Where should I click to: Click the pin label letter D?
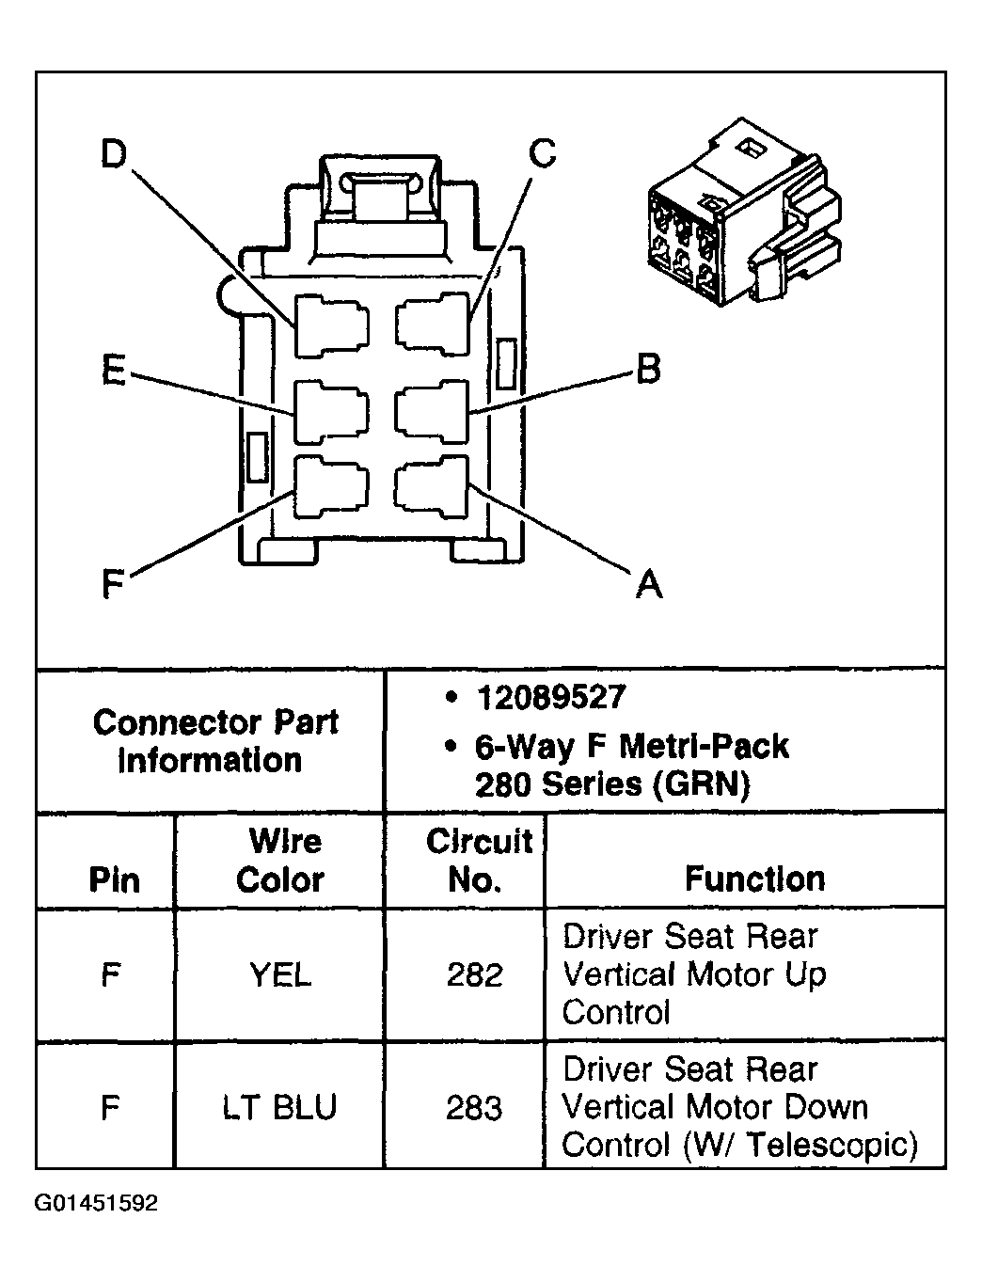113,154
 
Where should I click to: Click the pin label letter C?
543,152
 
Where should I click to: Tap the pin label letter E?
113,371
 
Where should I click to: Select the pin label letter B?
648,369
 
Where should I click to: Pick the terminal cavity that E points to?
332,411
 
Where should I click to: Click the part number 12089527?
550,697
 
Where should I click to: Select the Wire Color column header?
280,860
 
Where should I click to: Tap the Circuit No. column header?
478,860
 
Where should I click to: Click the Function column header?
754,878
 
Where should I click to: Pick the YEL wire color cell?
280,974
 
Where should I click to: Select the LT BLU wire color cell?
280,1107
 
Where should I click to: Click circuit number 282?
475,974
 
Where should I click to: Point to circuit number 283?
475,1107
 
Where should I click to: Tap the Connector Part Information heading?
214,741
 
